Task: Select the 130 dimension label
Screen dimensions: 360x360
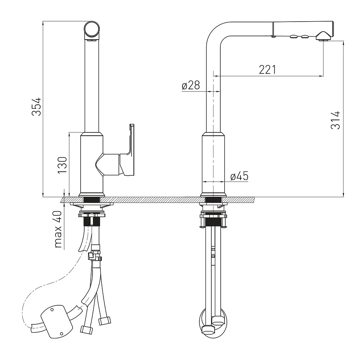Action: (62, 165)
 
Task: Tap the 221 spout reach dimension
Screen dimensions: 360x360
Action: (267, 70)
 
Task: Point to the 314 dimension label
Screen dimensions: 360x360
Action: (336, 120)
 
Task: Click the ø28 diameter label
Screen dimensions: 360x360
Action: (191, 85)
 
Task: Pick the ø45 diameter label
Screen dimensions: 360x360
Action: (239, 176)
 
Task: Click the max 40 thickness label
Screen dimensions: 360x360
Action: (58, 229)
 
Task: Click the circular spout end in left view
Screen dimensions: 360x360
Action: (92, 30)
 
